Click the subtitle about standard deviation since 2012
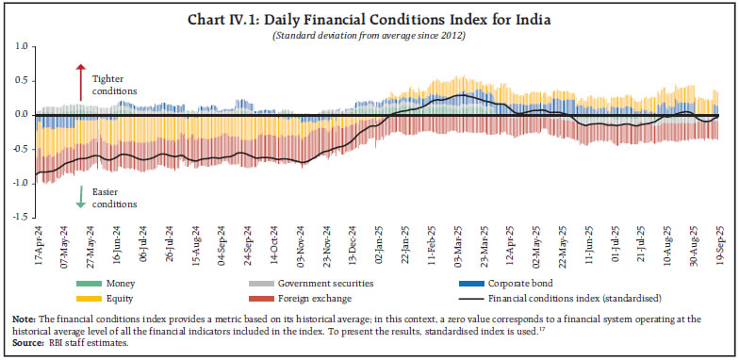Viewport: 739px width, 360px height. click(x=369, y=36)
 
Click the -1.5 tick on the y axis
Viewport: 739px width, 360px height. click(x=18, y=217)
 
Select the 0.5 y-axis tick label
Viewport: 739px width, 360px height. click(x=19, y=81)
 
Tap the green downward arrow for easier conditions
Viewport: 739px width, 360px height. click(x=81, y=195)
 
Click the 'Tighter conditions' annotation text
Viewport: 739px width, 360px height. click(x=114, y=85)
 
